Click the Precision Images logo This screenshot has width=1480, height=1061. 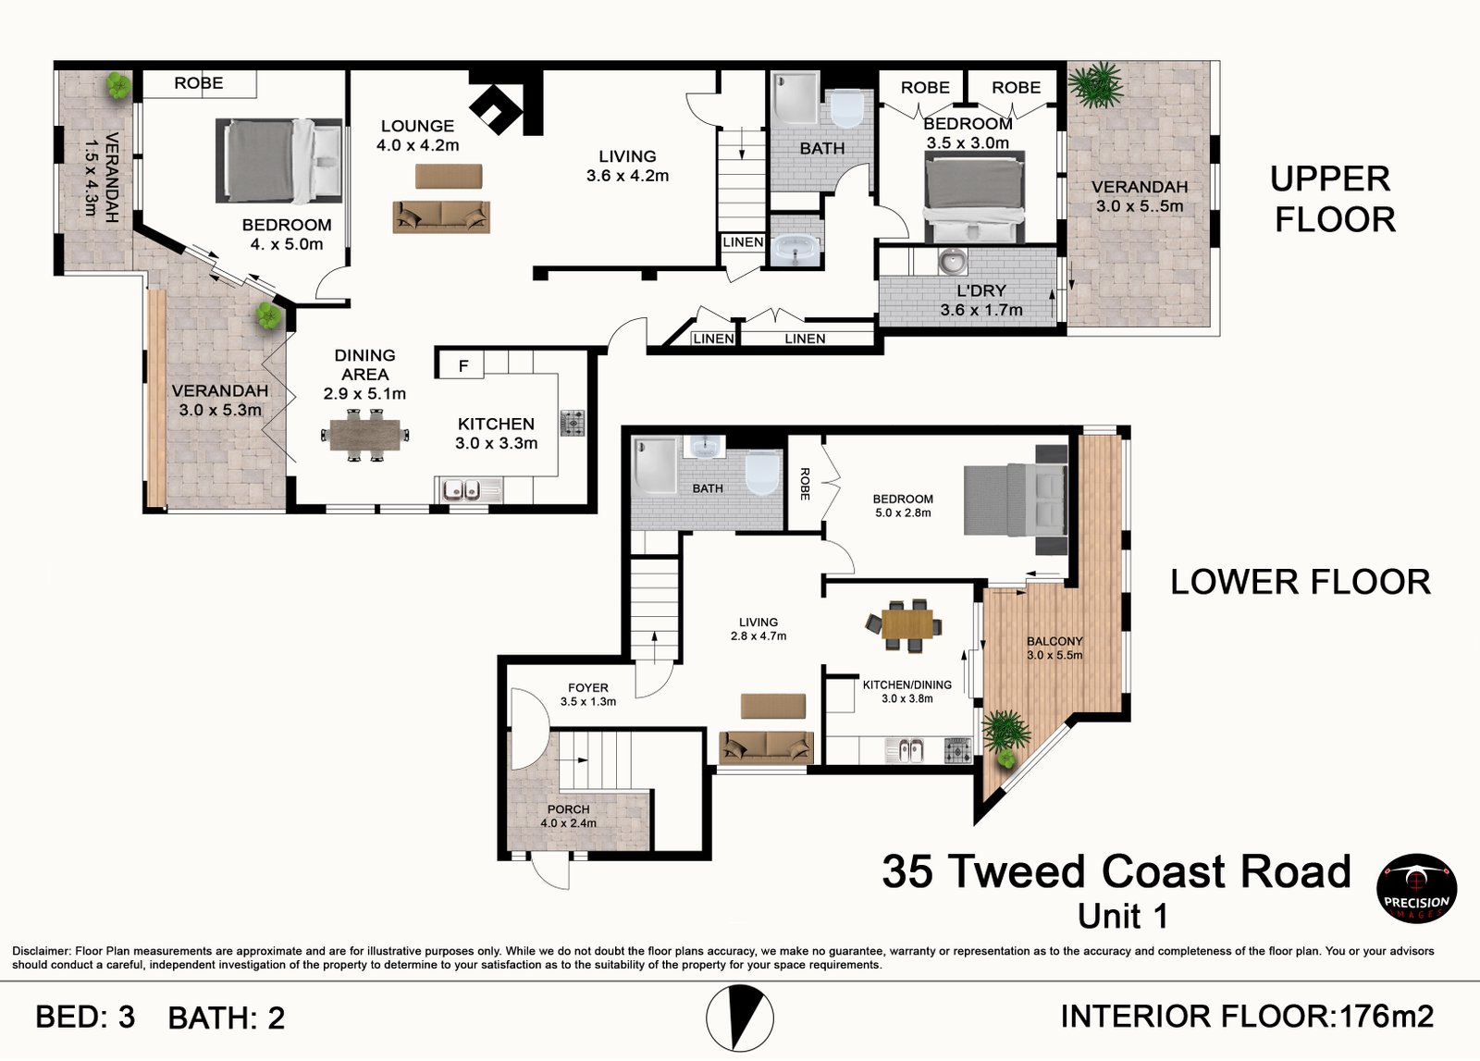point(1416,888)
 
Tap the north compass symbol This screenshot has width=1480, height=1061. point(739,1018)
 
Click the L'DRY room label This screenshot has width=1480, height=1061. point(981,290)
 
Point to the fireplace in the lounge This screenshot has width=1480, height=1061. point(496,110)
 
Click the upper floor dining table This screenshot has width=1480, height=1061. point(364,435)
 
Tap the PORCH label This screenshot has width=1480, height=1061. point(568,809)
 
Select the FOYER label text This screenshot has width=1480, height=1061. point(588,687)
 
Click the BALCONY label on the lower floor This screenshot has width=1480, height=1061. point(1054,641)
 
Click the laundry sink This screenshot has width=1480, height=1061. point(953,261)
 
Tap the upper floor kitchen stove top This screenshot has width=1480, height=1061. point(573,423)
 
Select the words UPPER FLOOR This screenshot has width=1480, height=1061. point(1332,199)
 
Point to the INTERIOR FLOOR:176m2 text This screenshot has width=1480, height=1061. point(1247,1016)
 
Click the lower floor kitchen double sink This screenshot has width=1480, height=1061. point(904,751)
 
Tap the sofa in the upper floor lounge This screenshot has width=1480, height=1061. point(441,217)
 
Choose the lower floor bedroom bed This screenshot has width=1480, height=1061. point(1016,500)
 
